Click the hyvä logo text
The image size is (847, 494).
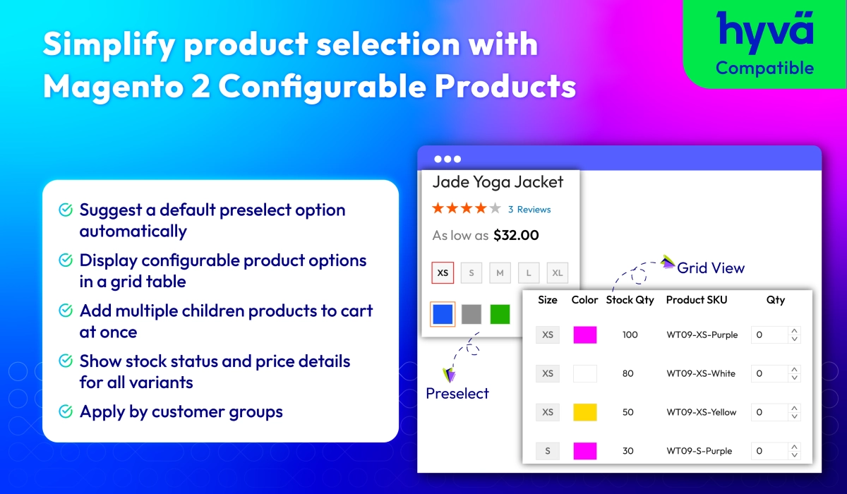click(764, 32)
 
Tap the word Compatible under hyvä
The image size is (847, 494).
click(764, 68)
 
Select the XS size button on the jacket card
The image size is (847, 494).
click(443, 272)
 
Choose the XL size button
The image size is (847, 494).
click(558, 272)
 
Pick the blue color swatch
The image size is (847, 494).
click(443, 314)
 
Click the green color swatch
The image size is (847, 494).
click(500, 314)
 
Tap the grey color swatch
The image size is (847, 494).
click(471, 314)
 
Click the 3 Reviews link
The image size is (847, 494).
click(529, 210)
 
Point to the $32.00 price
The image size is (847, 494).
click(516, 235)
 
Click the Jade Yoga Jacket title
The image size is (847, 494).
click(498, 182)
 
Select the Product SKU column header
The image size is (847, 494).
click(697, 300)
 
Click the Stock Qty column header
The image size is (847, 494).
click(630, 300)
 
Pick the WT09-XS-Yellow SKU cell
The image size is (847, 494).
click(702, 412)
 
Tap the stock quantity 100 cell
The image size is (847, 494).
click(630, 335)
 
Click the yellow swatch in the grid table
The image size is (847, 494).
click(585, 412)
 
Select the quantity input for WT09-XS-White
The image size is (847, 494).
click(776, 373)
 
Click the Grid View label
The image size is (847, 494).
click(711, 268)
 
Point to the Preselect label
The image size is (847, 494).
click(457, 394)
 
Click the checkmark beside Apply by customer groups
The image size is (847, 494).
click(66, 411)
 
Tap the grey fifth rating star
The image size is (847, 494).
click(495, 208)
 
